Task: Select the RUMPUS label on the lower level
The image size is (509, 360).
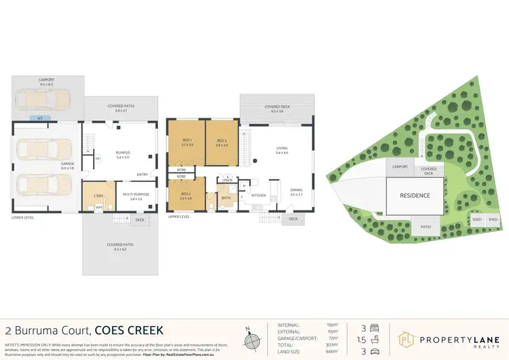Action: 122,153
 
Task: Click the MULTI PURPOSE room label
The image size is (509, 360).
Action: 136,196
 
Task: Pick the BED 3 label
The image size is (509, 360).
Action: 221,141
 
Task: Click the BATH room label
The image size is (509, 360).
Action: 226,197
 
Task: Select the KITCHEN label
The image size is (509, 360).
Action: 259,196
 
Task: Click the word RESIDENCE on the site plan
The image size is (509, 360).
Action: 415,196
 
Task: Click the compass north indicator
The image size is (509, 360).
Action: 251,337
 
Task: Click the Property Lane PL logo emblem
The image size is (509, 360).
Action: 407,338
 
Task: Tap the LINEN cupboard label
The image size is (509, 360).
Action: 227,179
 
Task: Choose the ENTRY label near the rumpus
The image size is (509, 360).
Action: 143,175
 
